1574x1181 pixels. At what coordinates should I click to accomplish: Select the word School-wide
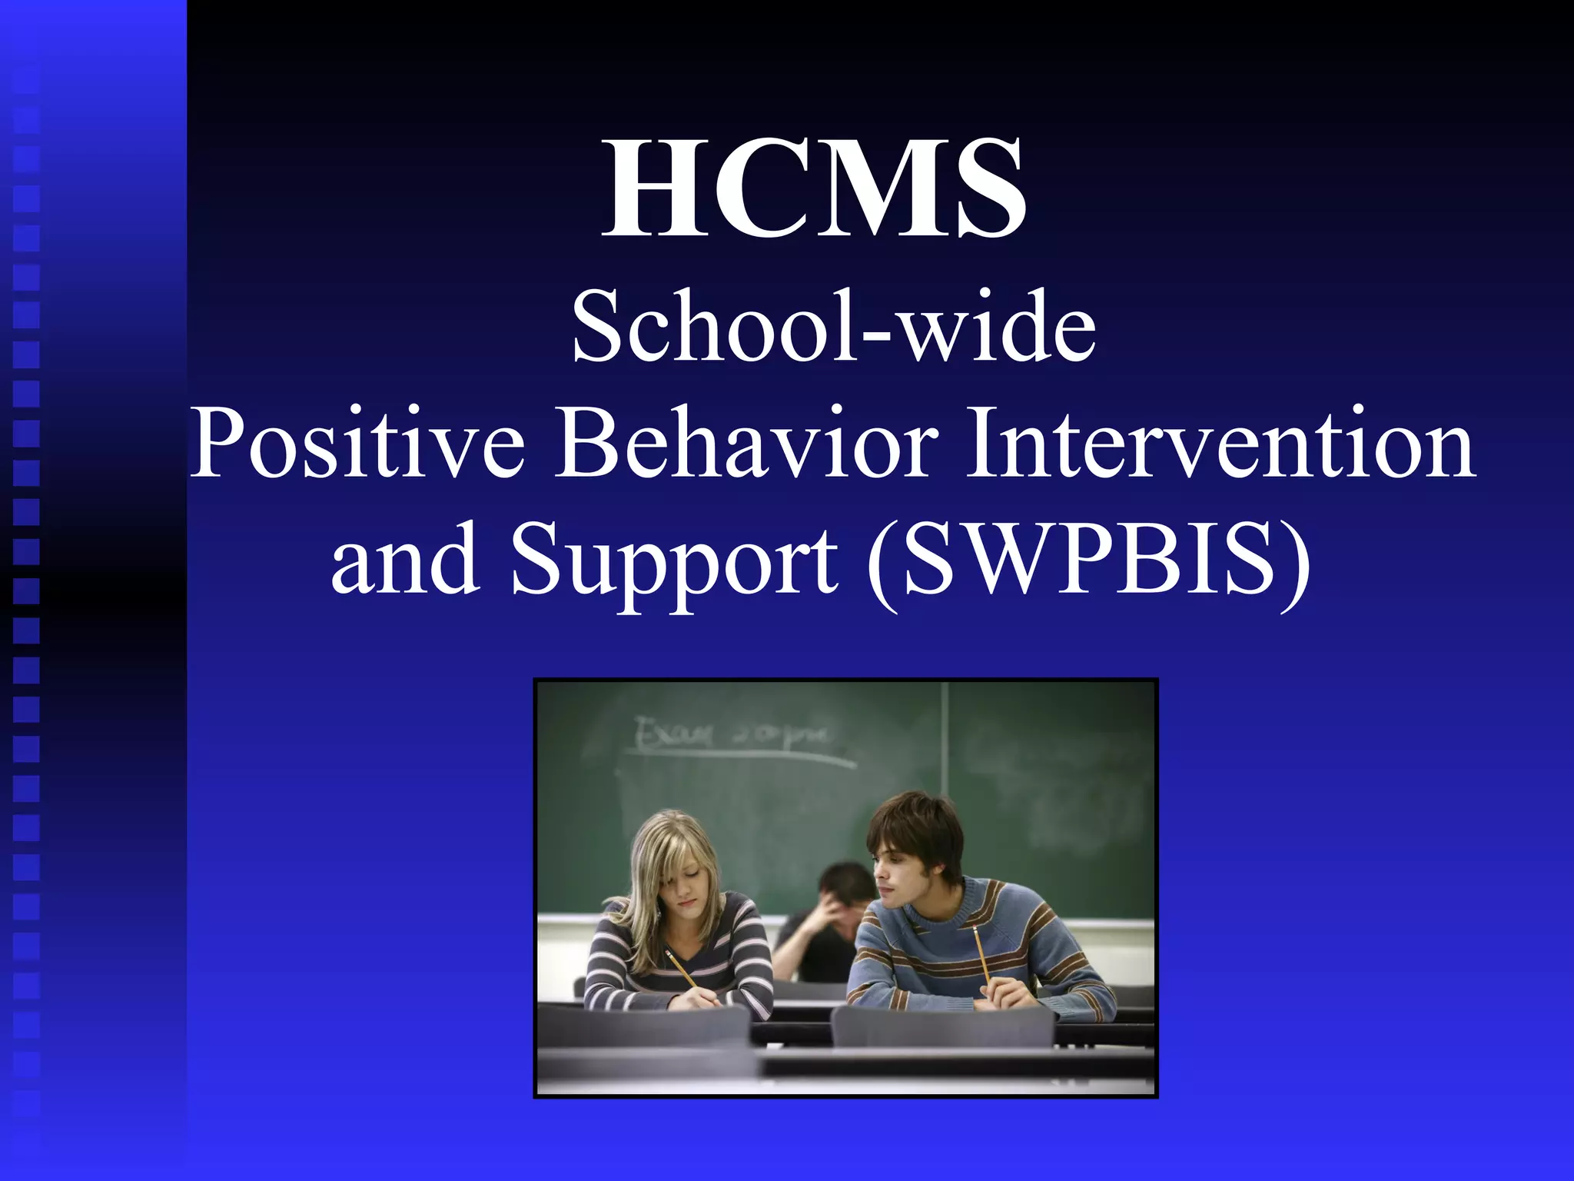tap(834, 327)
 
